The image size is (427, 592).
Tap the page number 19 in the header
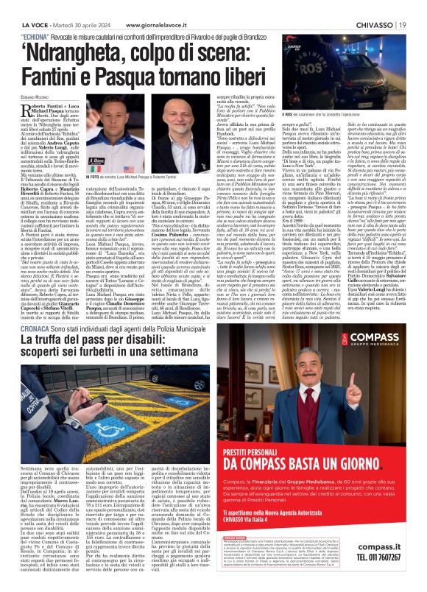(404, 7)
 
